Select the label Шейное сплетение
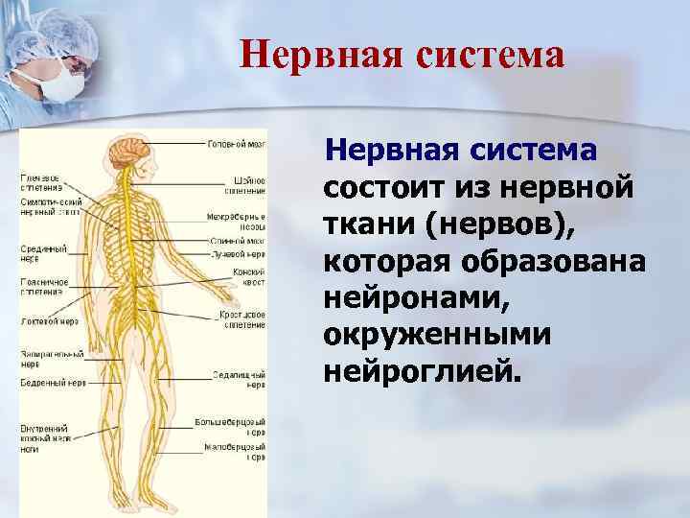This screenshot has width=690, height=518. click(247, 185)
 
